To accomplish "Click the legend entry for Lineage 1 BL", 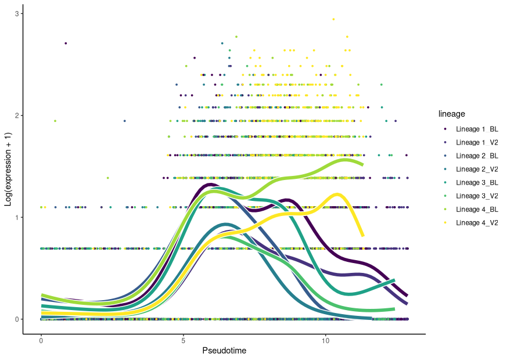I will (x=469, y=128).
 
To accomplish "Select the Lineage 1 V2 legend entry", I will (x=469, y=142).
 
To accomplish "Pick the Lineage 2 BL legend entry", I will (x=469, y=156).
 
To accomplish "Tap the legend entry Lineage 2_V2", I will (x=469, y=169).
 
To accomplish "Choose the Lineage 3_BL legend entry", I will (x=469, y=182).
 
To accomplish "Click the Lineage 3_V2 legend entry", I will (x=469, y=196).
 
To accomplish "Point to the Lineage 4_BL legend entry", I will (x=469, y=209).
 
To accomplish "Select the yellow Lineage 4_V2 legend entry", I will (x=469, y=222).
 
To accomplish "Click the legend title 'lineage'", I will (x=451, y=114).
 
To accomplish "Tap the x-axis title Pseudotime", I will (x=224, y=351).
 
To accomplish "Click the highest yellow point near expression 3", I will (x=333, y=19).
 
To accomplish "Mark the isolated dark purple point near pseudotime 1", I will (x=66, y=43).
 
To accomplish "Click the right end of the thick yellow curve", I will (x=362, y=235).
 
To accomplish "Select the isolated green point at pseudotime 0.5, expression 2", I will (x=55, y=121).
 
